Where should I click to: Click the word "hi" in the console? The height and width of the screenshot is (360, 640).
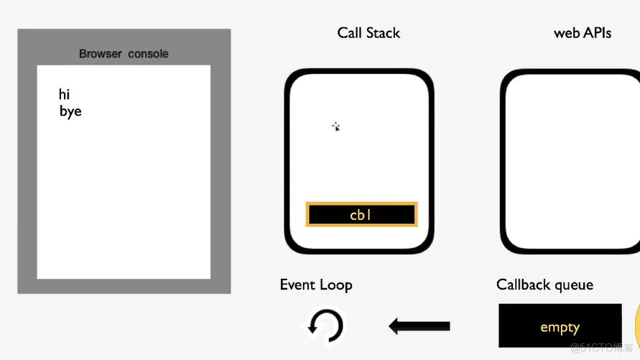[65, 94]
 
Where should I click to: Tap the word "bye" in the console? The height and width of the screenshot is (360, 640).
[70, 111]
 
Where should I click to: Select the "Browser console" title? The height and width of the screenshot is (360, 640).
[124, 54]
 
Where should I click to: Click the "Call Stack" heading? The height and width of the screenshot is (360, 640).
[368, 33]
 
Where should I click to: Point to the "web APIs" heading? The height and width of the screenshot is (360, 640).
[583, 33]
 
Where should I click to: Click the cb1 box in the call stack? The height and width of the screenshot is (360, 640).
[361, 214]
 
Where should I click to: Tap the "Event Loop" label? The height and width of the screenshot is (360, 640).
[316, 285]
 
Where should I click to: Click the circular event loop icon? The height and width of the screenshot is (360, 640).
[325, 327]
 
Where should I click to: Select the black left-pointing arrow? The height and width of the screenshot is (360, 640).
[419, 326]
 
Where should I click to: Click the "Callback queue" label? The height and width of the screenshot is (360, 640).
[544, 285]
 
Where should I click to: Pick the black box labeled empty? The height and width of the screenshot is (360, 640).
[560, 327]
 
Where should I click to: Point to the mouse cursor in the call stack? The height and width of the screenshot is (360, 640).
[335, 126]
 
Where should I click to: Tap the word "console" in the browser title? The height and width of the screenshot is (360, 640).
[149, 54]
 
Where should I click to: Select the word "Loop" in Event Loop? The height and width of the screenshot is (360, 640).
[336, 285]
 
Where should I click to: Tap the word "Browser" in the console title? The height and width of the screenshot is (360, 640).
[101, 54]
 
